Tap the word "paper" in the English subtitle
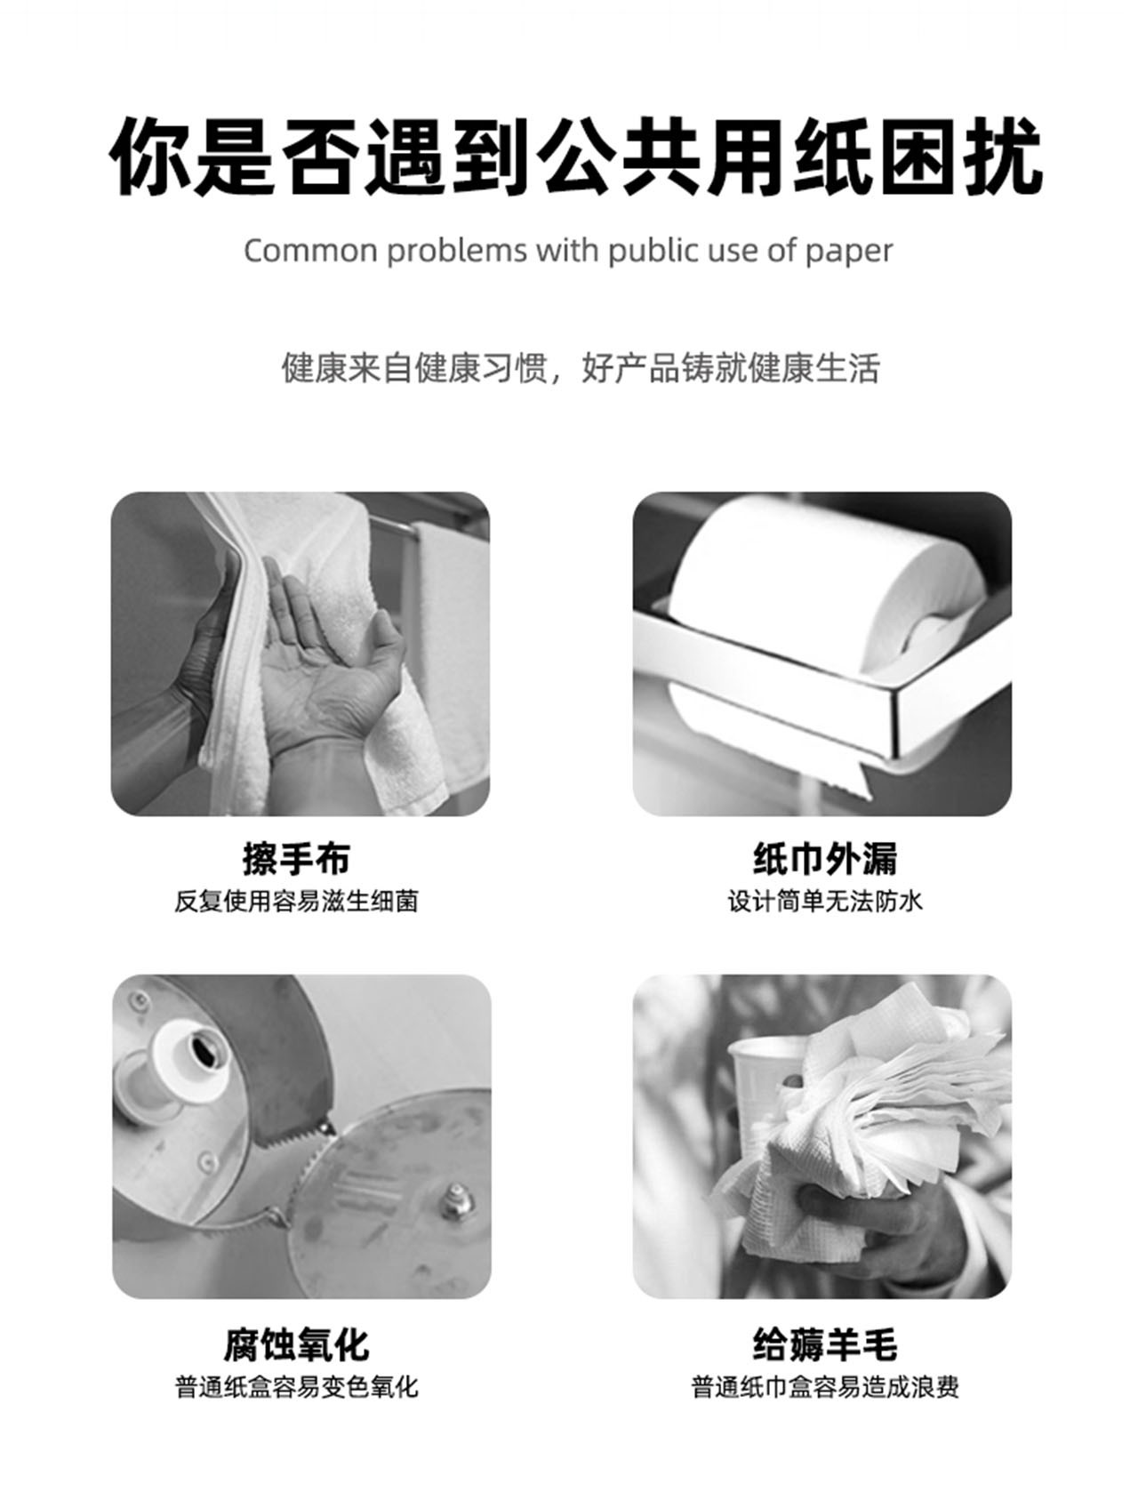848,253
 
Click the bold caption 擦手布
297,859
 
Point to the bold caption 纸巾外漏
825,859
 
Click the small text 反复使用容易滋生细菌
296,902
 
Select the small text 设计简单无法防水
825,902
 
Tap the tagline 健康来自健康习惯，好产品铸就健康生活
581,368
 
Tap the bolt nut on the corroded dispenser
456,1201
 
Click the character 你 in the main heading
151,157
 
